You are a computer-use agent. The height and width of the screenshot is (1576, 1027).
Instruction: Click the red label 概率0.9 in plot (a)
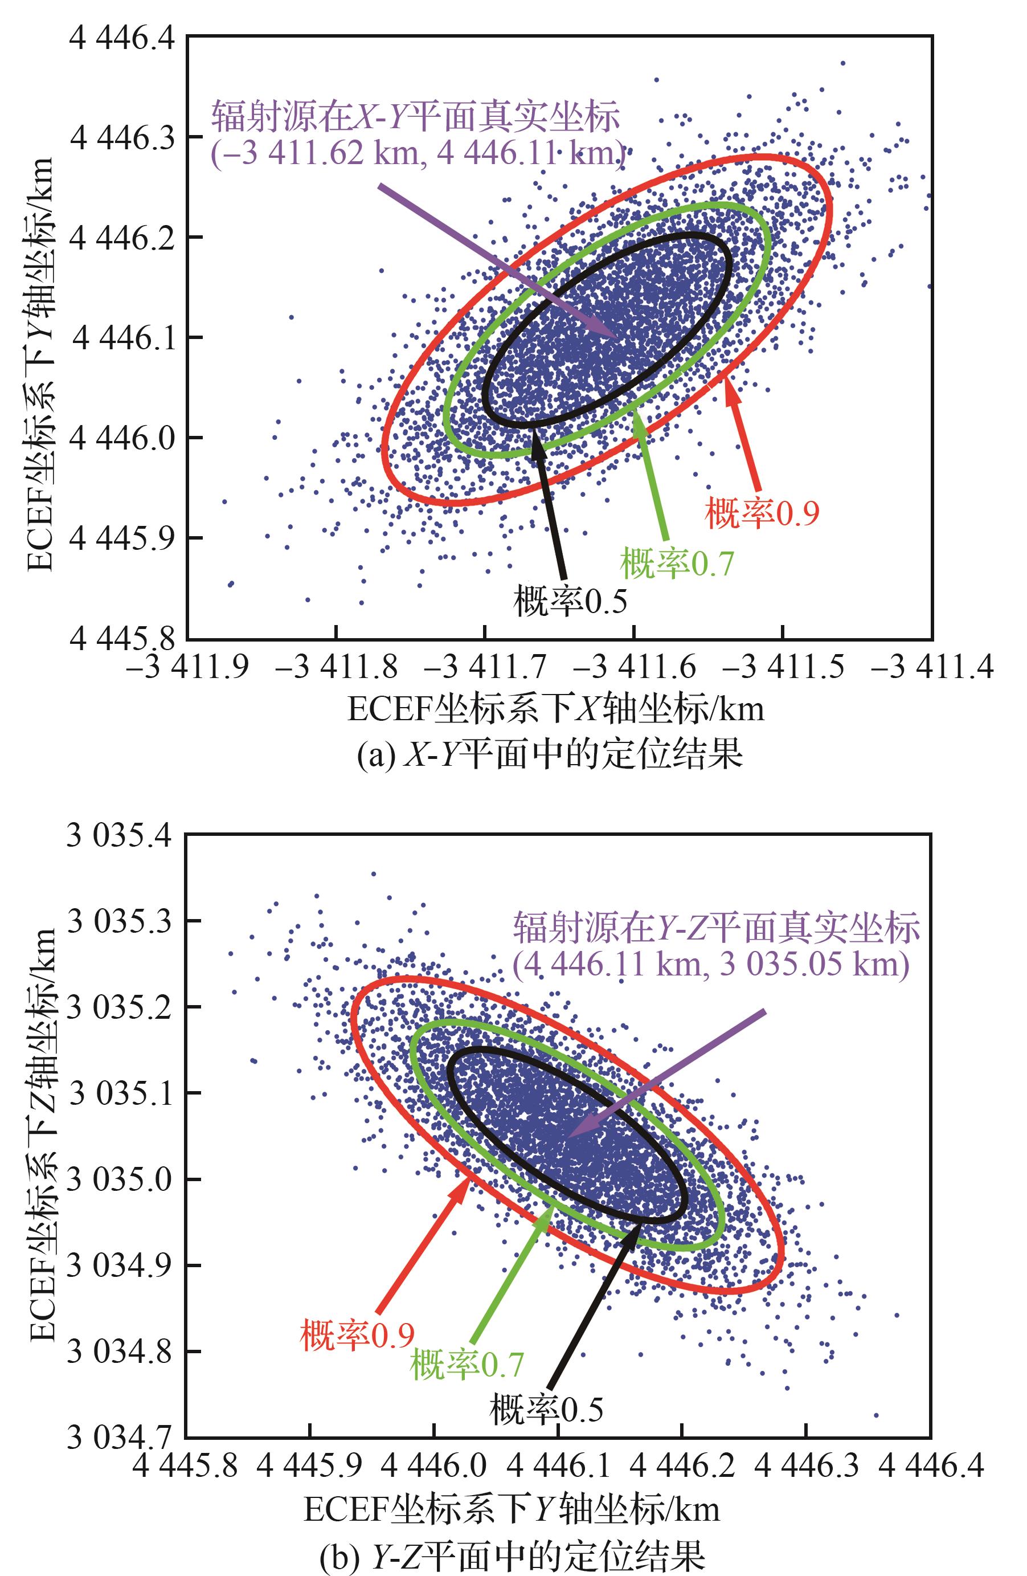[762, 513]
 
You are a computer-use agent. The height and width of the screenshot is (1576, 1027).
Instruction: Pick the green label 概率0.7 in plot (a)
[677, 564]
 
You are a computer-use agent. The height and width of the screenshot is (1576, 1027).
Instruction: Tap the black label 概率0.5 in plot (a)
[570, 602]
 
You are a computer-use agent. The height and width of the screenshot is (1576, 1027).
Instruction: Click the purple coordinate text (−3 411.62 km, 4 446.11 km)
[417, 154]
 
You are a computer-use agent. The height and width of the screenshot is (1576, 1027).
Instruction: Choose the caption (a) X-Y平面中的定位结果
[549, 754]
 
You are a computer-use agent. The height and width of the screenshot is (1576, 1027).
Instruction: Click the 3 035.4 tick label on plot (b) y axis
[119, 837]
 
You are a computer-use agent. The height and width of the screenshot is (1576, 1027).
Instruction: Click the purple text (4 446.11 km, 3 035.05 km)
[710, 964]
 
